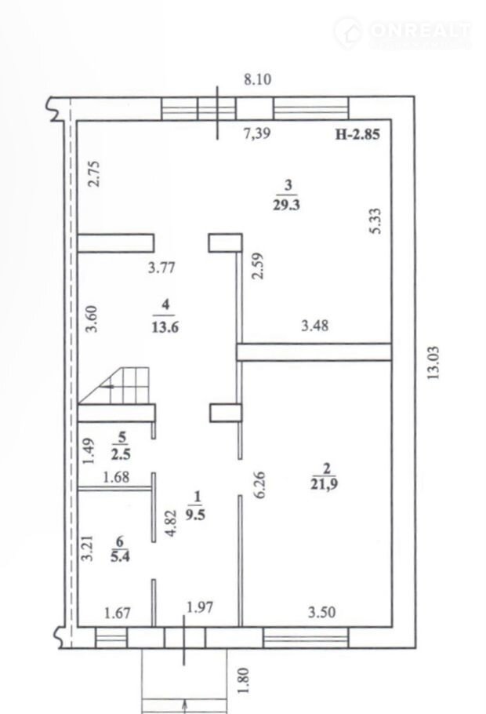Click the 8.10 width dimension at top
258,79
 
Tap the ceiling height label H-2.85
357,134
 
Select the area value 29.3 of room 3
286,205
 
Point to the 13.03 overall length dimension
433,363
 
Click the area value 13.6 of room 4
165,327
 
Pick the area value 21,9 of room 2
324,483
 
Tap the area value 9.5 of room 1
195,514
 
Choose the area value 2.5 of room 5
121,454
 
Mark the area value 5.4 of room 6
120,556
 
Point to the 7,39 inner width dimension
257,133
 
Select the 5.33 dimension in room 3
375,220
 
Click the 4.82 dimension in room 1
170,523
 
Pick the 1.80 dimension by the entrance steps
244,680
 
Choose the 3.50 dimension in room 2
321,612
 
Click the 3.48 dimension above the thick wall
315,326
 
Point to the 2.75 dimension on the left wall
94,174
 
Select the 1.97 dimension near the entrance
200,607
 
